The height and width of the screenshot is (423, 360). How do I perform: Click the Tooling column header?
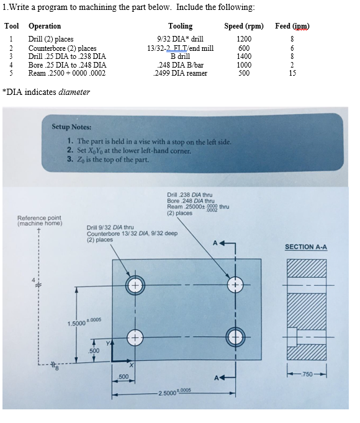click(180, 26)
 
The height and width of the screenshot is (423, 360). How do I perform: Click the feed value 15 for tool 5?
click(292, 73)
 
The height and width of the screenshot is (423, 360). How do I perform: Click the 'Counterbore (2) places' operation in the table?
click(62, 48)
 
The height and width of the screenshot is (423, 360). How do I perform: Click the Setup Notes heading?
click(71, 127)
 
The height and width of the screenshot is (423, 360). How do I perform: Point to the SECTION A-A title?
click(305, 247)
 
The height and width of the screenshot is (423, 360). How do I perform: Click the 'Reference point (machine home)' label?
click(39, 220)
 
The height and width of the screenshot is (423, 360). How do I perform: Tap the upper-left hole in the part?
click(134, 285)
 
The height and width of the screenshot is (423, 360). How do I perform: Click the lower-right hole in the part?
click(236, 337)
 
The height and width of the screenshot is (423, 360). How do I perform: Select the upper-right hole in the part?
click(236, 285)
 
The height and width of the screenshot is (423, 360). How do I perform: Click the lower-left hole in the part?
click(134, 337)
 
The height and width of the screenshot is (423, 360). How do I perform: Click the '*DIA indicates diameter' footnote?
click(47, 92)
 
